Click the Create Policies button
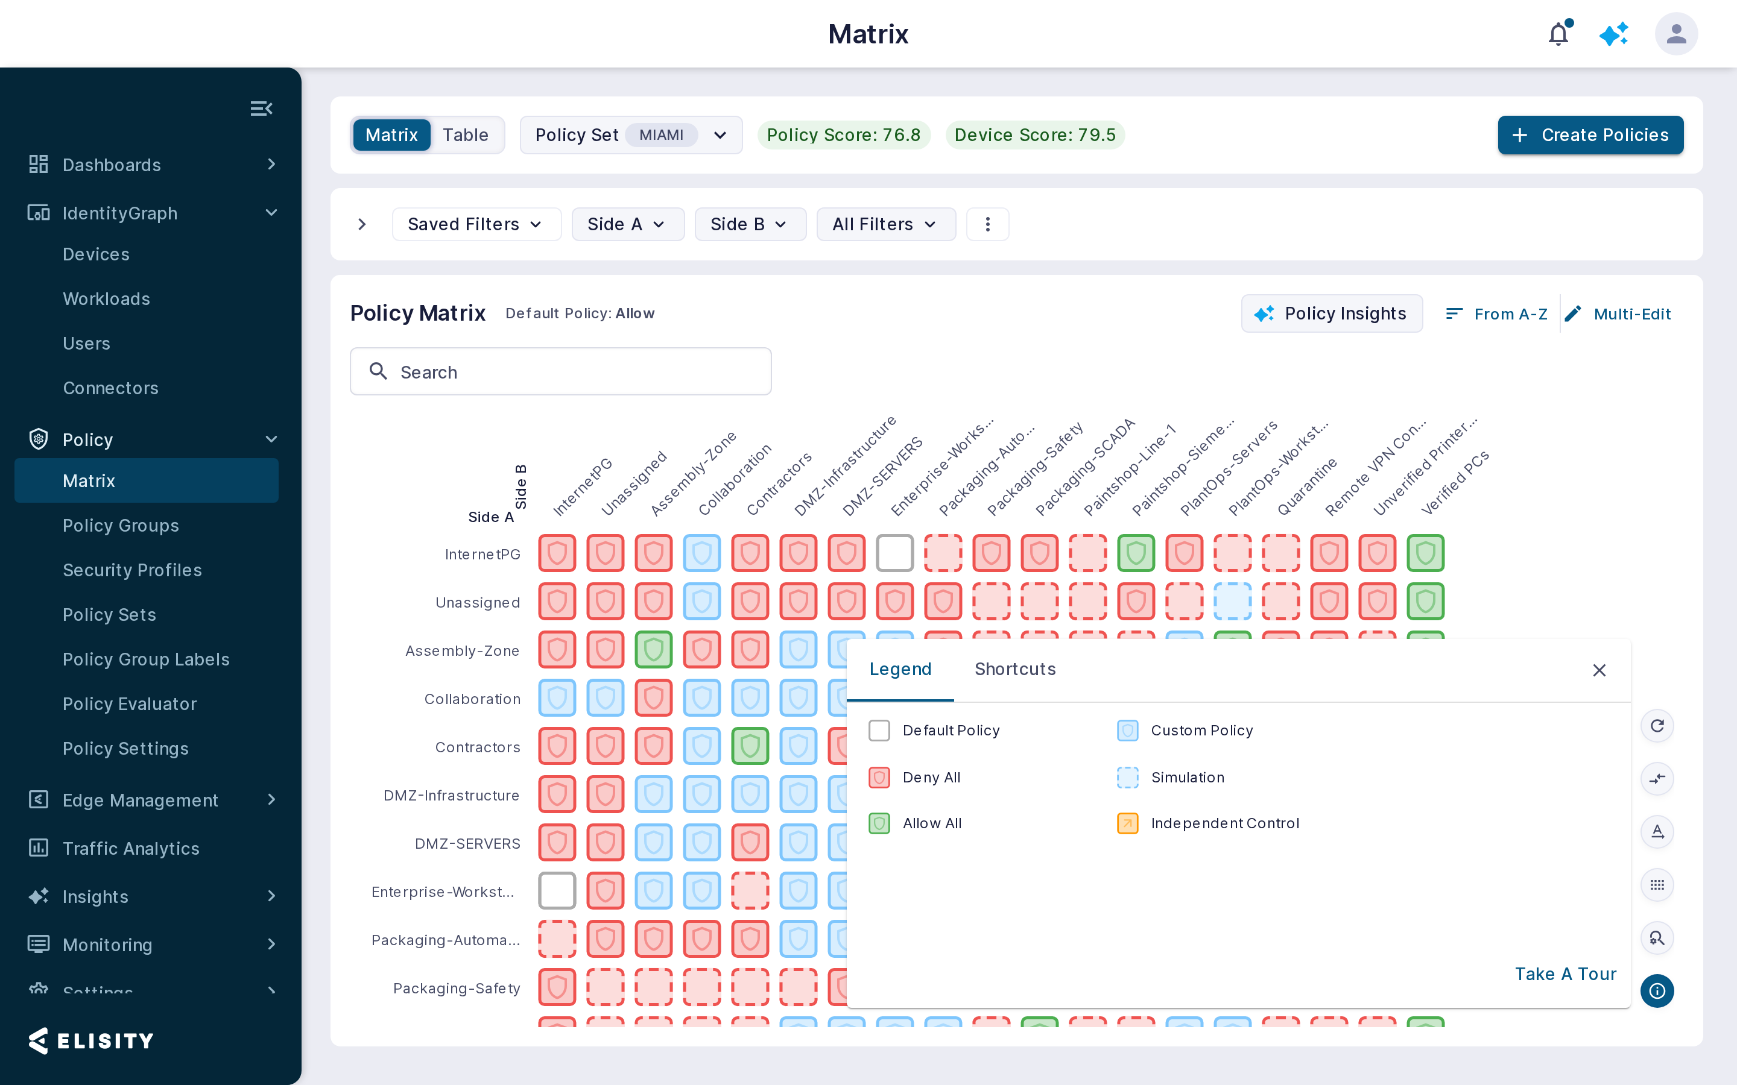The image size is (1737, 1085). (1590, 135)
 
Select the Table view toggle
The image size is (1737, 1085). (465, 135)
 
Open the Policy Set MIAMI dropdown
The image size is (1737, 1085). (631, 135)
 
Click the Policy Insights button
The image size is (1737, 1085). (1332, 313)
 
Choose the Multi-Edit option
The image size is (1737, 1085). (1619, 313)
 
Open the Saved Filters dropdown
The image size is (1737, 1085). (476, 224)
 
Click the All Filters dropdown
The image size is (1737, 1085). (886, 224)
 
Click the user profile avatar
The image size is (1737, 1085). (1676, 34)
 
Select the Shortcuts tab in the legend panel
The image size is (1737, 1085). (1015, 669)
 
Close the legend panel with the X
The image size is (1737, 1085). (1599, 670)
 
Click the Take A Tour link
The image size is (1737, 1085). (1566, 973)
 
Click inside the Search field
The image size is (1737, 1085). (560, 372)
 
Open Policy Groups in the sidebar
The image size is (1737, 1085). (121, 525)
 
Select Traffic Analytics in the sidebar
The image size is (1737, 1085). (131, 848)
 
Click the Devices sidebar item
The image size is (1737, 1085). (96, 254)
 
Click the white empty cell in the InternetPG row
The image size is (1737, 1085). (894, 553)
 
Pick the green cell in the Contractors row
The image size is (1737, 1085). (750, 746)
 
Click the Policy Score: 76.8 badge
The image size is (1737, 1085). (843, 135)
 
